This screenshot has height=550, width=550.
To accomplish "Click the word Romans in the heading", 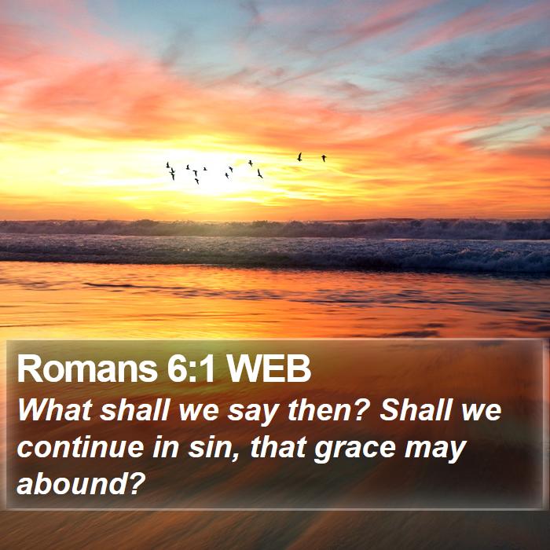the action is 87,368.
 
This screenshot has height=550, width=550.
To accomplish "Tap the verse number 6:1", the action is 191,368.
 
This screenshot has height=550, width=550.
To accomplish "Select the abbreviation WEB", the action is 269,368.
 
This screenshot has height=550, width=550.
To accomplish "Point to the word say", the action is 252,413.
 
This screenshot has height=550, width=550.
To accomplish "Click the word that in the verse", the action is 279,447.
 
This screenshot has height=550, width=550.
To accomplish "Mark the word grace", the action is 355,450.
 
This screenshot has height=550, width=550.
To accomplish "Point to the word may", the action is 435,451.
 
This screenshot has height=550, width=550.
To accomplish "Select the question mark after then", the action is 361,409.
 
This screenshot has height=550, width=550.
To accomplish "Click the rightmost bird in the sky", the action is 324,158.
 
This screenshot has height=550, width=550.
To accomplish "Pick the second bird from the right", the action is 299,157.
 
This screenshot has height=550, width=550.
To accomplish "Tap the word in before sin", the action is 166,447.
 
